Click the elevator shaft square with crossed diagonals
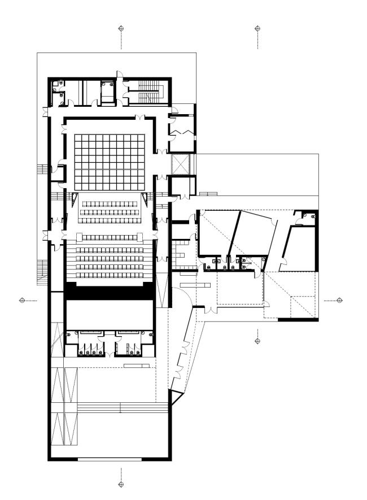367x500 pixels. click(x=181, y=164)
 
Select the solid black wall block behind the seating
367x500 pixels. click(x=110, y=290)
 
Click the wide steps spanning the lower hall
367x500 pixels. click(x=121, y=407)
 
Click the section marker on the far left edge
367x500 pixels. click(x=21, y=300)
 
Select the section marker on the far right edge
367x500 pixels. click(x=340, y=300)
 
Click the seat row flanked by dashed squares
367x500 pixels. click(x=110, y=236)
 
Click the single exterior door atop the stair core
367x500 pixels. click(x=119, y=74)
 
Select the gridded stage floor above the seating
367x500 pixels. click(x=110, y=162)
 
